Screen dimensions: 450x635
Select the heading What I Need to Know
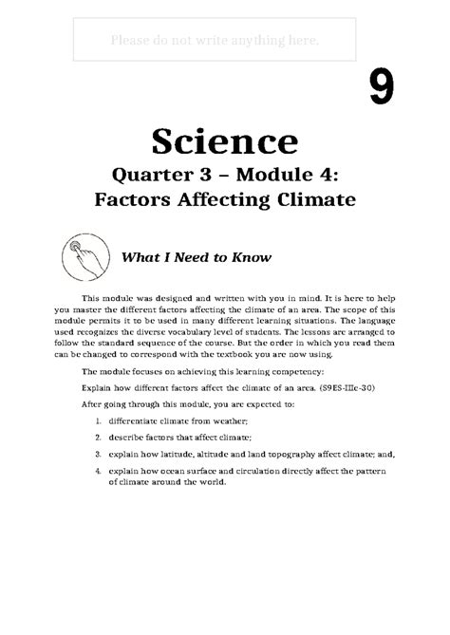[195, 257]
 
